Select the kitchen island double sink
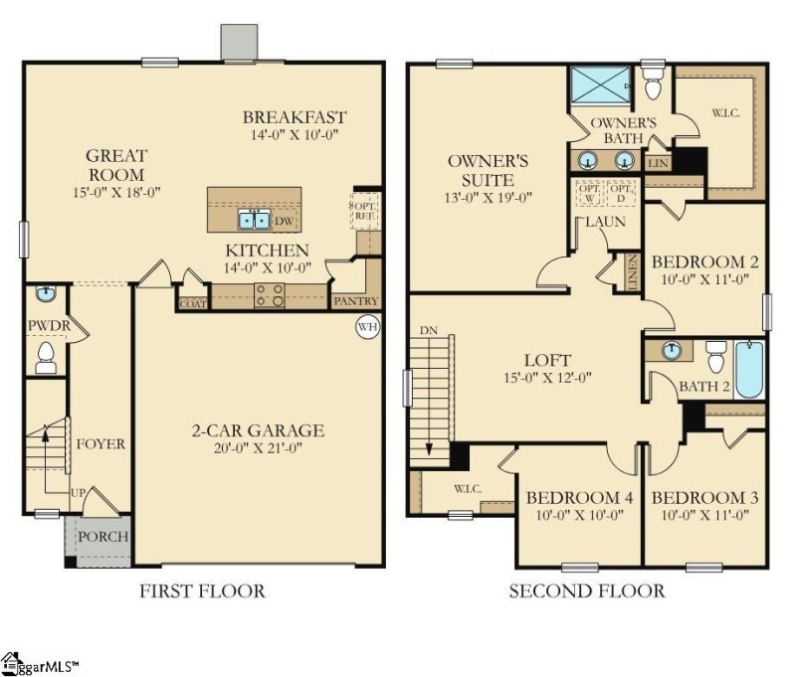coord(253,220)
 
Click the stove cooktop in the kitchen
coord(269,294)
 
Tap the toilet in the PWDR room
coord(46,356)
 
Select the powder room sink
coord(46,294)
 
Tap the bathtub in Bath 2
coord(749,370)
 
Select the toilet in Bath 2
coord(715,354)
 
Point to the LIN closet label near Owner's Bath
coord(658,162)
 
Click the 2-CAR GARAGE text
coord(258,430)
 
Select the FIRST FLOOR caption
coord(202,592)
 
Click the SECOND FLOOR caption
coord(587,592)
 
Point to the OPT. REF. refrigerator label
coord(365,210)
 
